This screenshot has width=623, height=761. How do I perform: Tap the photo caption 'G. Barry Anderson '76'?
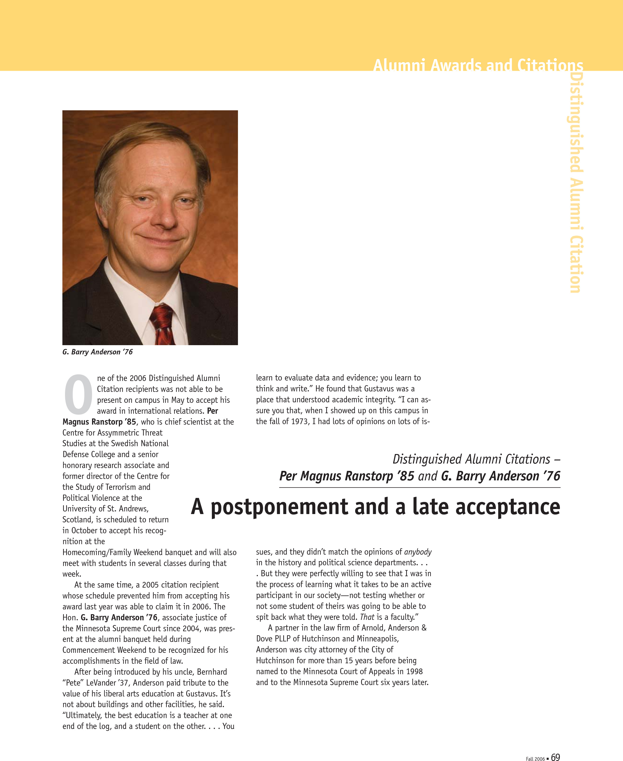[x=98, y=352]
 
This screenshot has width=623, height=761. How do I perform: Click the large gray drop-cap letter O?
[x=78, y=394]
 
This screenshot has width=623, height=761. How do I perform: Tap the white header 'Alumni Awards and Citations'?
[x=478, y=65]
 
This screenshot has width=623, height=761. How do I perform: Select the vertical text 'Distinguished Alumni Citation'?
[x=576, y=183]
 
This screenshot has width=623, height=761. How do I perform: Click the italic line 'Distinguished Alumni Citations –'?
[x=476, y=459]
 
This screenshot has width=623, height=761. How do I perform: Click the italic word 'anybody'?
[x=417, y=552]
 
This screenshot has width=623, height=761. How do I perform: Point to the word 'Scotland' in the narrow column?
[x=78, y=520]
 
